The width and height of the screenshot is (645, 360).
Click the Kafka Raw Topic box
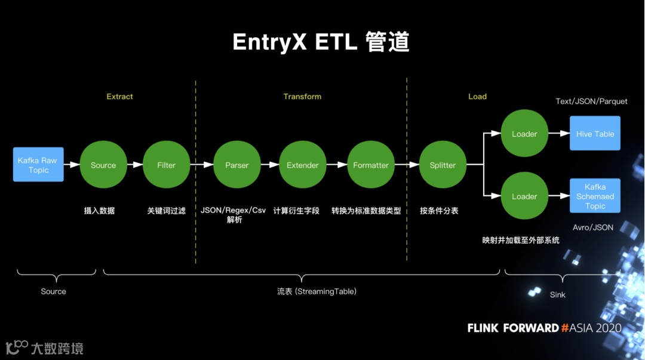pyautogui.click(x=38, y=165)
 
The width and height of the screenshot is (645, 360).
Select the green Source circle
pyautogui.click(x=103, y=165)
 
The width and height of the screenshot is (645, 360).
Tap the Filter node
pyautogui.click(x=166, y=165)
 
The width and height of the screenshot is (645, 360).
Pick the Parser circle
pyautogui.click(x=236, y=165)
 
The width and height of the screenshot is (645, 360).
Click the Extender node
pyautogui.click(x=302, y=165)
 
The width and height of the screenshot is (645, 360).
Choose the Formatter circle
pyautogui.click(x=370, y=165)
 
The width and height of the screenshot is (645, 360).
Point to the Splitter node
pyautogui.click(x=443, y=165)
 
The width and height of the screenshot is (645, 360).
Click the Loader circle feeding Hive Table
pyautogui.click(x=524, y=134)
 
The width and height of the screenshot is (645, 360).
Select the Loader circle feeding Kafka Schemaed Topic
pyautogui.click(x=524, y=196)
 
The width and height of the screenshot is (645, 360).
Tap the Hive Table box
pyautogui.click(x=595, y=134)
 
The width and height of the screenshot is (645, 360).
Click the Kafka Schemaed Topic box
pyautogui.click(x=595, y=196)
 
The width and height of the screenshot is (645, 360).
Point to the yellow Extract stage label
pyautogui.click(x=119, y=96)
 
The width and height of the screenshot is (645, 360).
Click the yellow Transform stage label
pyautogui.click(x=302, y=96)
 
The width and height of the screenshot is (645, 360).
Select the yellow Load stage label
pyautogui.click(x=477, y=96)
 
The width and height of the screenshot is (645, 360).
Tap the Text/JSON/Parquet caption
pyautogui.click(x=591, y=101)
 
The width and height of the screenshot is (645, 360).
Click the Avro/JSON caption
pyautogui.click(x=592, y=227)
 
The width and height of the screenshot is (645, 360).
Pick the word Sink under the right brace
pyautogui.click(x=557, y=294)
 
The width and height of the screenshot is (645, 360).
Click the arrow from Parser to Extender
pyautogui.click(x=269, y=165)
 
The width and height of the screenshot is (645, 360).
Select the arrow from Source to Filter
pyautogui.click(x=134, y=165)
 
